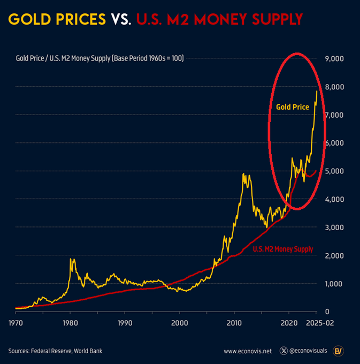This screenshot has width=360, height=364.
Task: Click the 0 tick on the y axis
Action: tap(327, 311)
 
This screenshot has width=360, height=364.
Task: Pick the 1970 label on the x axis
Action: tap(16, 323)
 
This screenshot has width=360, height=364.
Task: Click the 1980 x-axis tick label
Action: tap(70, 323)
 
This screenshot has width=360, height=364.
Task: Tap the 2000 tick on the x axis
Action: tap(179, 323)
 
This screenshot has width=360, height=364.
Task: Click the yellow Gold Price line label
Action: tap(292, 107)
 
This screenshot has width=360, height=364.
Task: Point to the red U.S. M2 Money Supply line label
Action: tap(282, 249)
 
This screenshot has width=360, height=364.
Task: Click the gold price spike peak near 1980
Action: tap(71, 260)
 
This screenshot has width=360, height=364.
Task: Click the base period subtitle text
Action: tap(99, 58)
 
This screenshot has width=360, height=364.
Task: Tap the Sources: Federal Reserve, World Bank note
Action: tap(55, 351)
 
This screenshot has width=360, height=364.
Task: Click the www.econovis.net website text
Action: tap(248, 351)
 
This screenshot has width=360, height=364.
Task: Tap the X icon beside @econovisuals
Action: tap(284, 351)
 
